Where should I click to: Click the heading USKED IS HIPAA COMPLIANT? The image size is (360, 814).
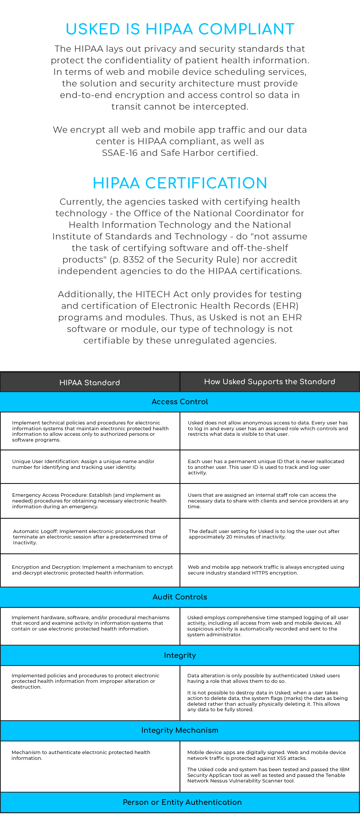pos(180,29)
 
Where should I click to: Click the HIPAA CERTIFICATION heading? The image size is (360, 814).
pos(180,183)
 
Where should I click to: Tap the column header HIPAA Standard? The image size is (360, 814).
pos(90,382)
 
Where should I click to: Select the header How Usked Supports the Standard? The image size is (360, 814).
pos(270,382)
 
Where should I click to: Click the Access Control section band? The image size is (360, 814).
pos(180,402)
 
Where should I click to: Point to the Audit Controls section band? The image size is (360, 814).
pos(180,597)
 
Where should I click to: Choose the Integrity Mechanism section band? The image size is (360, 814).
pos(180,730)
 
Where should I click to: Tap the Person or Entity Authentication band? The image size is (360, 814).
pos(182,802)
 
